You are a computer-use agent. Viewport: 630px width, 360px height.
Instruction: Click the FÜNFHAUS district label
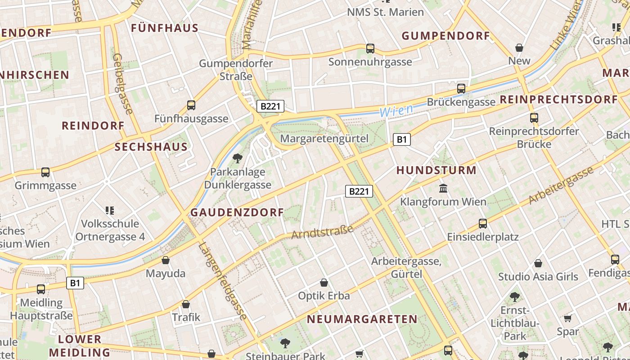(x=164, y=28)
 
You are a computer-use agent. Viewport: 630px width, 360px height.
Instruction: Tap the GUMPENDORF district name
(x=445, y=36)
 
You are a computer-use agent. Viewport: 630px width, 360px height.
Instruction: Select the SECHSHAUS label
(x=151, y=147)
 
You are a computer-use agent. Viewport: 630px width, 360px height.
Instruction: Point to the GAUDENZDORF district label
(x=237, y=212)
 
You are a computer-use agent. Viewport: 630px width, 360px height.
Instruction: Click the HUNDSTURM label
(x=436, y=170)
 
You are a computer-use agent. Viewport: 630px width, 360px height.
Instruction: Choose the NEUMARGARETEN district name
(x=362, y=319)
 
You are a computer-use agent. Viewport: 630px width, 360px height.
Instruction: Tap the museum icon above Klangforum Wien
(x=443, y=188)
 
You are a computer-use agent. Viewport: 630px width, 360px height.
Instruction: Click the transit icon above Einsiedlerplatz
(x=483, y=223)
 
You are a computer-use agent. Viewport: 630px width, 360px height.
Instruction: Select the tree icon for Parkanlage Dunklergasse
(x=238, y=158)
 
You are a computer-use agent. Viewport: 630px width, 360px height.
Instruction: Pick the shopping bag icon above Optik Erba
(x=324, y=283)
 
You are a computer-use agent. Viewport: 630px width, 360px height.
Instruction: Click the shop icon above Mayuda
(x=166, y=260)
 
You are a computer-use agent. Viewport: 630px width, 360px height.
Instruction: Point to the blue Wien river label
(x=396, y=110)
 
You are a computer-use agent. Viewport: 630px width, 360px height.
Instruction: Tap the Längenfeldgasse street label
(x=223, y=282)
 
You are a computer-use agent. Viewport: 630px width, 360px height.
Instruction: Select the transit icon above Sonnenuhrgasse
(x=370, y=48)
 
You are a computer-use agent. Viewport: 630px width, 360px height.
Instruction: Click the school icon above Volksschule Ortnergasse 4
(x=110, y=210)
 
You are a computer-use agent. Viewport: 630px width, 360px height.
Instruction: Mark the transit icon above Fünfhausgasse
(x=191, y=105)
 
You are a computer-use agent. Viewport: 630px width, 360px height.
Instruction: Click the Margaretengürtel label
(x=324, y=139)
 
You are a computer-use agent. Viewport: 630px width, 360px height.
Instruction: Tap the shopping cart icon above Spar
(x=568, y=319)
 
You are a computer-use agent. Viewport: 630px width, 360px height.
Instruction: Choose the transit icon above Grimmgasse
(x=45, y=172)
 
